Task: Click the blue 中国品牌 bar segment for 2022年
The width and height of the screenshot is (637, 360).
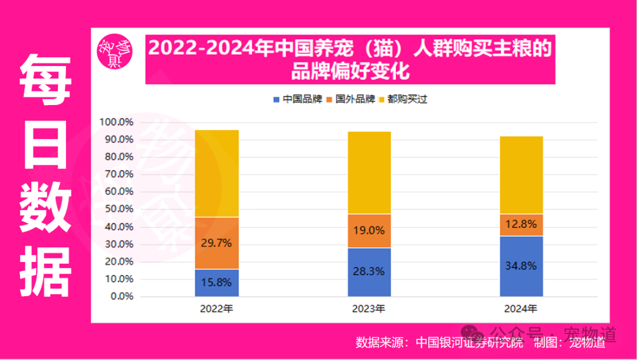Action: click(216, 283)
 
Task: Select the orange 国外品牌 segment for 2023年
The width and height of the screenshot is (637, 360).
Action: click(369, 231)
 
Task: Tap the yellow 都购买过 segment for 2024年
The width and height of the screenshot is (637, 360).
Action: click(521, 175)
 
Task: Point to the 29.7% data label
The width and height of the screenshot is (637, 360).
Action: click(216, 243)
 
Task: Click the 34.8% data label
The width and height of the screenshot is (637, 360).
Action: click(521, 266)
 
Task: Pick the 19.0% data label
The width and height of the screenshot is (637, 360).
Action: click(369, 231)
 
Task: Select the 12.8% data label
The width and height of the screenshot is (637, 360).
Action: click(521, 224)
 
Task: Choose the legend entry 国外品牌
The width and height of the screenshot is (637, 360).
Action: click(350, 99)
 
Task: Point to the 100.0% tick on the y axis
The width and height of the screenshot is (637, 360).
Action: click(117, 122)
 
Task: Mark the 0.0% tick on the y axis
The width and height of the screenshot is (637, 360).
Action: click(122, 296)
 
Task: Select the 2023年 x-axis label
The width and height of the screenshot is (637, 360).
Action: click(369, 309)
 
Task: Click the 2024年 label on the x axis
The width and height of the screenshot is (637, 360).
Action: click(521, 309)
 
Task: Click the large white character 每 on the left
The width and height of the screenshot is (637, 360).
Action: click(45, 80)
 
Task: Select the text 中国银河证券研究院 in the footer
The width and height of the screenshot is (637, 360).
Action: click(469, 342)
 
